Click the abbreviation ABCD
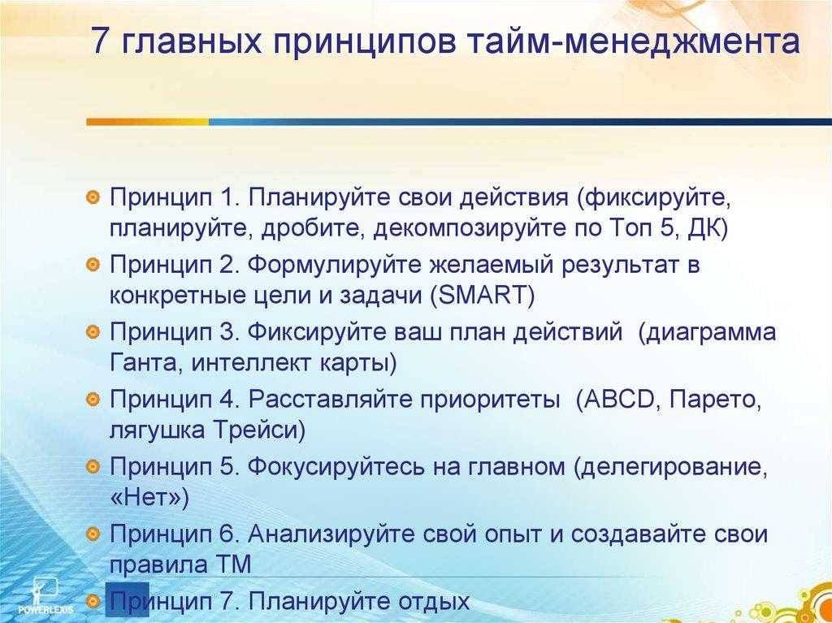(617, 399)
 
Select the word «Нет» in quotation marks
(145, 500)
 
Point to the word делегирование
(668, 468)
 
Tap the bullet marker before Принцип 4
(93, 398)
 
